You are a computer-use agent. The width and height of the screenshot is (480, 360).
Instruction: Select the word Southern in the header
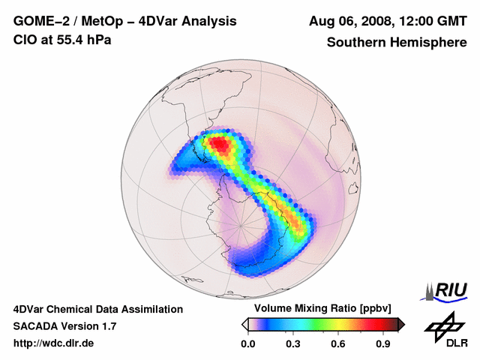[355, 43]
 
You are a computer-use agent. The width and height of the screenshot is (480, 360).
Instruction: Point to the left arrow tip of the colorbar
[244, 324]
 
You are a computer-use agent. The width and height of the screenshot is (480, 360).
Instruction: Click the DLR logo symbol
[444, 326]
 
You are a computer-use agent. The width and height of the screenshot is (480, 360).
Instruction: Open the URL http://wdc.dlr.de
[54, 343]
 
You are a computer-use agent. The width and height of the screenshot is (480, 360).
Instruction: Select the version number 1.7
[107, 326]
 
